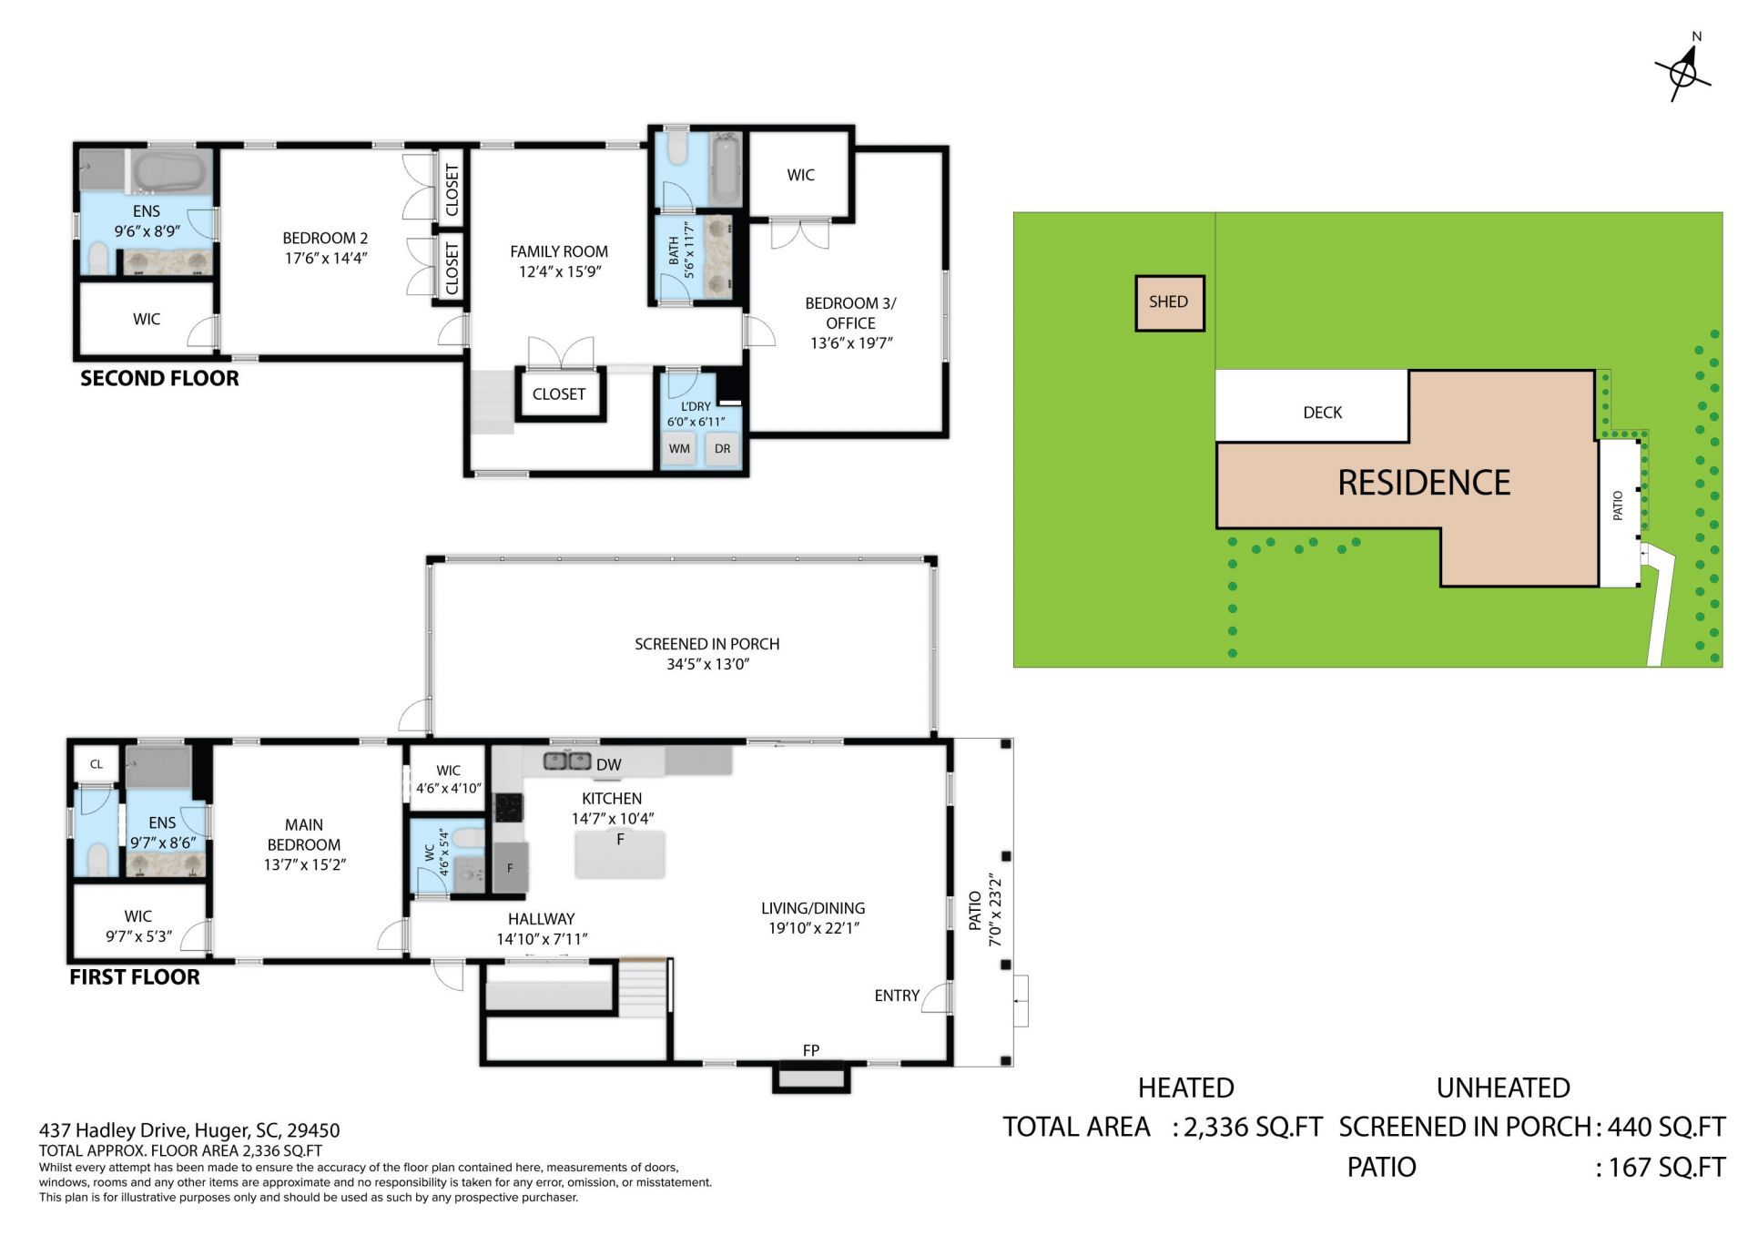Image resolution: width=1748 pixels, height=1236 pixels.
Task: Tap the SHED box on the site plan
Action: [x=1169, y=302]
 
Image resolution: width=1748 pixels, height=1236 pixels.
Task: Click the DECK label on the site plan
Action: [x=1322, y=413]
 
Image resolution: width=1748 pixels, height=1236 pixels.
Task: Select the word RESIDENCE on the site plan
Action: [x=1424, y=483]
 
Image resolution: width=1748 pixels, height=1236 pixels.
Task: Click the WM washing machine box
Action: [x=679, y=449]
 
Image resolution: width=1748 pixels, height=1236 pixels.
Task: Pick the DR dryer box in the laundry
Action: [x=722, y=449]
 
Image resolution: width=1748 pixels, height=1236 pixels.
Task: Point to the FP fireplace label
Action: [x=810, y=1050]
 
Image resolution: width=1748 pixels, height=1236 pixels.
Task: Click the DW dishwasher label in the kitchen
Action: [x=608, y=765]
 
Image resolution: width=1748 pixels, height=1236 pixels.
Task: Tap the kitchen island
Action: [x=620, y=854]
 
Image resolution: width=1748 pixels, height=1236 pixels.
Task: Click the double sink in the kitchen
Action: [x=567, y=760]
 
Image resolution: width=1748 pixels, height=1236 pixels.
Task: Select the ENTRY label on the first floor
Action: [x=897, y=996]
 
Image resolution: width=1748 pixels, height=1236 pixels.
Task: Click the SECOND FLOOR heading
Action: [x=159, y=378]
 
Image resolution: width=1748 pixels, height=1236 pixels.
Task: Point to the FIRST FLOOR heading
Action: [x=135, y=976]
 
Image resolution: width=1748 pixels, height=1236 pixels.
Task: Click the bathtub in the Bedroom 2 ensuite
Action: [x=169, y=170]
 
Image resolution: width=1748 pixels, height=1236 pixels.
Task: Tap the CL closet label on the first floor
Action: [x=97, y=764]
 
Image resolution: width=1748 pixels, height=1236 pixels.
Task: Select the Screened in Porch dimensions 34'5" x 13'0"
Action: [x=707, y=664]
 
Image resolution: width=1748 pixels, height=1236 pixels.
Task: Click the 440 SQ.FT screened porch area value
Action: [x=1665, y=1127]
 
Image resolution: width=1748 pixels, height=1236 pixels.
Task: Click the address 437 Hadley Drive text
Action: [x=189, y=1130]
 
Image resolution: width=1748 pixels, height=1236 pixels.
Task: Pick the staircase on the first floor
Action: [x=644, y=989]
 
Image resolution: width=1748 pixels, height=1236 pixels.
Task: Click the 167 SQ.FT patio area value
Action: [x=1665, y=1167]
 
